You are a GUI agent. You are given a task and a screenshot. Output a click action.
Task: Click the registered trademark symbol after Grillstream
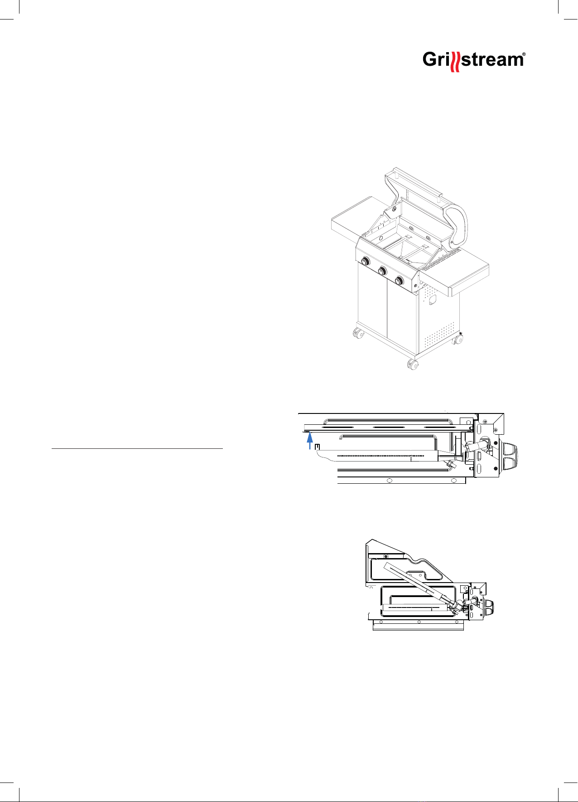[524, 55]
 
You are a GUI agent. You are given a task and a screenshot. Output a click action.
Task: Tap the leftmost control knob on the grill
[365, 262]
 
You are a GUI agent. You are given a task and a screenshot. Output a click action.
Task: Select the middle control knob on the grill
[382, 271]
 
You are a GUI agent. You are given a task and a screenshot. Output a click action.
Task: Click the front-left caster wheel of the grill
[359, 334]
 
